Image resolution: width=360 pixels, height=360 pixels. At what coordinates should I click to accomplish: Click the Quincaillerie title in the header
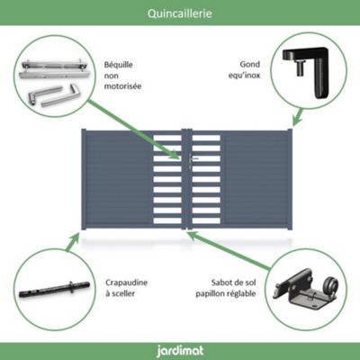click(180, 13)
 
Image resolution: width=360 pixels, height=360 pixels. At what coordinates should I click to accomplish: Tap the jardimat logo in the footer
click(180, 351)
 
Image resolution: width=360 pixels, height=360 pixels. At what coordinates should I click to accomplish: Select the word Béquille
click(119, 65)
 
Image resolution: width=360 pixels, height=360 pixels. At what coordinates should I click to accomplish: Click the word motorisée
click(122, 86)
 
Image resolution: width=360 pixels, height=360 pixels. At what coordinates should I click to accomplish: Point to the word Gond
click(250, 64)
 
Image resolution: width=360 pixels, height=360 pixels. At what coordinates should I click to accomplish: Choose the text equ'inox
click(244, 76)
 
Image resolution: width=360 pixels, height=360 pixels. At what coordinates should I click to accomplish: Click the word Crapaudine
click(126, 283)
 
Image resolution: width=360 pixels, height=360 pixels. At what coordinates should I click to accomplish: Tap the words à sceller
click(120, 294)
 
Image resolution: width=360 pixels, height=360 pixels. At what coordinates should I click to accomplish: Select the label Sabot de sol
click(234, 283)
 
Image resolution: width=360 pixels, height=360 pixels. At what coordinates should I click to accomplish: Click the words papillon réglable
click(226, 293)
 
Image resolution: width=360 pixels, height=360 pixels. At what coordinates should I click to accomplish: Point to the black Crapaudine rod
click(55, 290)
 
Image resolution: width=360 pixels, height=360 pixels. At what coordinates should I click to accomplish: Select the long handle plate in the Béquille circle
click(51, 69)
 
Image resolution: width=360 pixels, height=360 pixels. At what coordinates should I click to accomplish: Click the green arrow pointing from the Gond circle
click(297, 117)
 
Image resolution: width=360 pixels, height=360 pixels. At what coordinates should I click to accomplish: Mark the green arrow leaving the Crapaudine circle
click(73, 242)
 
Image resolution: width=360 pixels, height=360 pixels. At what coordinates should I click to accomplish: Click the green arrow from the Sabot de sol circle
click(229, 249)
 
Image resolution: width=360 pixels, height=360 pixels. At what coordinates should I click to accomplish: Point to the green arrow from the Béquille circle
click(134, 130)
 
